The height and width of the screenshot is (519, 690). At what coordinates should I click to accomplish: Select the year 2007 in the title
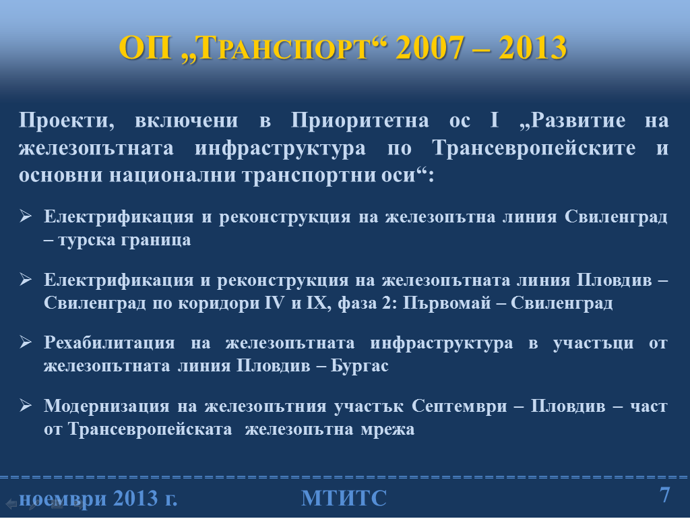pos(430,48)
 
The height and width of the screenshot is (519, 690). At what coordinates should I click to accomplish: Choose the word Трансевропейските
pos(534,148)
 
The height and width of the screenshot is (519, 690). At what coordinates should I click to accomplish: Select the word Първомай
pos(447,303)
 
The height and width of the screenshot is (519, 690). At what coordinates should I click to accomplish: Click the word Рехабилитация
pos(109,343)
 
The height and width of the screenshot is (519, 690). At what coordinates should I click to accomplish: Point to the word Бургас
pos(360,366)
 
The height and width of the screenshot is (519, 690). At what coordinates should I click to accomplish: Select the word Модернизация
pos(106,406)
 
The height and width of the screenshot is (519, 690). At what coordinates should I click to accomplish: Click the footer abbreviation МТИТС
pos(344,498)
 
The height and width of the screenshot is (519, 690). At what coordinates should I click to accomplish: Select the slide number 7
pos(665,495)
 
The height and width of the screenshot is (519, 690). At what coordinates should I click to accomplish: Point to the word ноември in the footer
pos(63,499)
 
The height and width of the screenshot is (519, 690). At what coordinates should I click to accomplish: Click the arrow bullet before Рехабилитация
pos(26,342)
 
